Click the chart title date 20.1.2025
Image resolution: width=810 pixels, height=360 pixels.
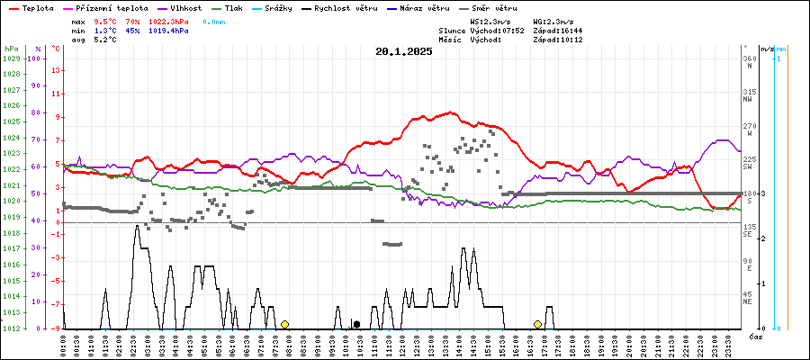[x=404, y=51]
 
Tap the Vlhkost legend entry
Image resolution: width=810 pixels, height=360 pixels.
[x=180, y=7]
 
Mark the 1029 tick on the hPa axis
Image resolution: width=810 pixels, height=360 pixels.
[x=11, y=58]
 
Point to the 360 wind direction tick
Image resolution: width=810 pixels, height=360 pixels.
[x=749, y=58]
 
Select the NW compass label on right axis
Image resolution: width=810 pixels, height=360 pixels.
[x=747, y=100]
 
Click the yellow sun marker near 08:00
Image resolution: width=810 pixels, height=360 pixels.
[x=284, y=324]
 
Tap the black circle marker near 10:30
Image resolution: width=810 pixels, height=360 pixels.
[x=356, y=324]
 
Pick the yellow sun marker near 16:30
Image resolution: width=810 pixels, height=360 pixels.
[x=537, y=324]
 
